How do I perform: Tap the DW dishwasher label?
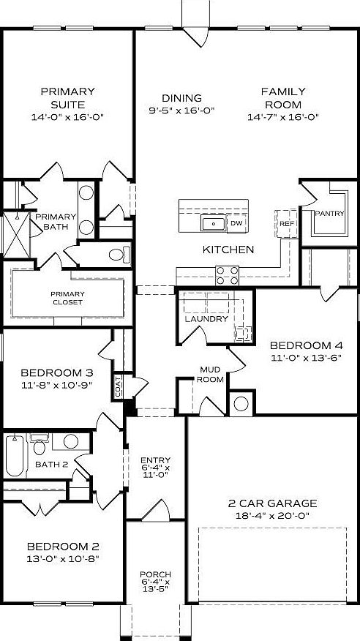(236, 222)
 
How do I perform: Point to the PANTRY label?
(329, 213)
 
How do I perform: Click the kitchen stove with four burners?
(228, 275)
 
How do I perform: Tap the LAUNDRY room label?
(206, 319)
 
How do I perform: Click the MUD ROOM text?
(211, 375)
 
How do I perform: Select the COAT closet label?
(118, 386)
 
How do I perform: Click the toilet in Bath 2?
(40, 443)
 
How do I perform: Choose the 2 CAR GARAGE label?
(271, 503)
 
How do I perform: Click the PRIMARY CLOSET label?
(67, 298)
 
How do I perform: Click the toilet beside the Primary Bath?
(118, 255)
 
